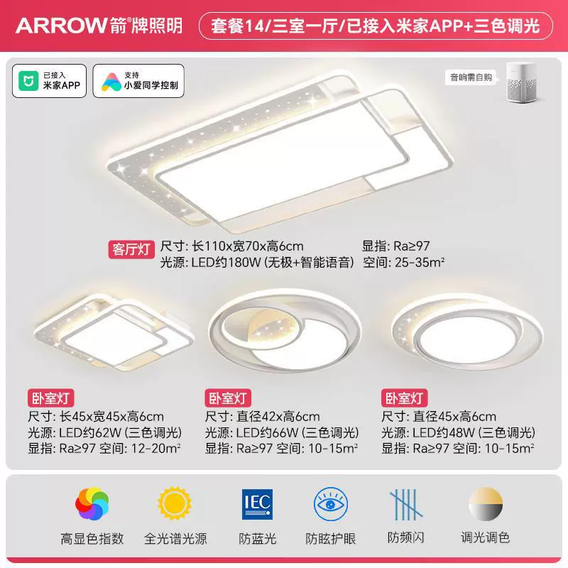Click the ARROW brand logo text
point(61,26)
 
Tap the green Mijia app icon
point(28,80)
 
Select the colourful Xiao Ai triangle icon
point(111,82)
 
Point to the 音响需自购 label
point(471,77)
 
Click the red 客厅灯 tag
point(131,249)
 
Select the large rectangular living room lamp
point(280,152)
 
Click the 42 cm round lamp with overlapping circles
point(285,330)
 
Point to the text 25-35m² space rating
point(420,262)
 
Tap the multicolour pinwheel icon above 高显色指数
point(92,504)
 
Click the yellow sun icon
point(175,503)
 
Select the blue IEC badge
point(257,504)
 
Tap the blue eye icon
point(330,504)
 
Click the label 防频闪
point(405,538)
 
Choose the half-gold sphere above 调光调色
point(486,504)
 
